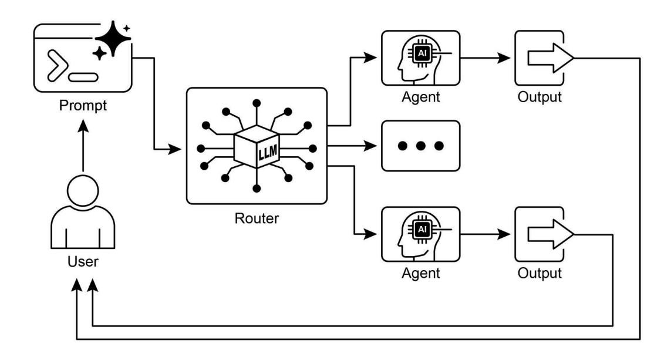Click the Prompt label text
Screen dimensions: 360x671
click(83, 107)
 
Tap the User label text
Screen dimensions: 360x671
click(83, 262)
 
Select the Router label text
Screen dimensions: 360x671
click(256, 220)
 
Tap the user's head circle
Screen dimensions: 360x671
click(83, 192)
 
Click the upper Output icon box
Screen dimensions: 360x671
click(540, 58)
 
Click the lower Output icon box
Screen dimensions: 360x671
click(540, 234)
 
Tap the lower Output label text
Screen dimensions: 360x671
click(540, 273)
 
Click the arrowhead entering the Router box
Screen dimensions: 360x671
click(176, 150)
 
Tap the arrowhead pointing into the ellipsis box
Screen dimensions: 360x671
click(372, 145)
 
